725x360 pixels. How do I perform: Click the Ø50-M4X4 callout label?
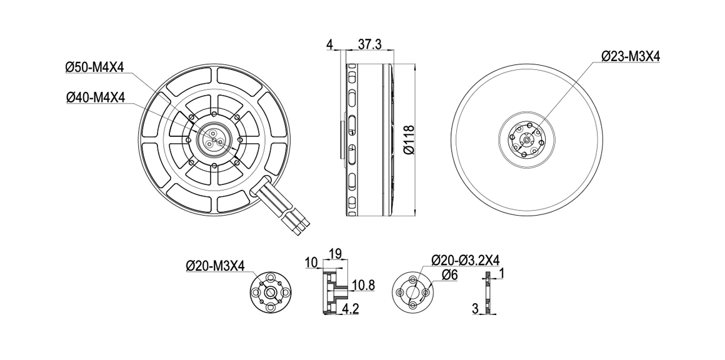(95, 67)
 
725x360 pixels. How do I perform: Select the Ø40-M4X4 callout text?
(95, 97)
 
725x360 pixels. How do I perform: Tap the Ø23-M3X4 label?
(631, 56)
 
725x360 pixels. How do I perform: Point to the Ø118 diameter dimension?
(409, 139)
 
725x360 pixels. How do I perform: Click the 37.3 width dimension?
(369, 44)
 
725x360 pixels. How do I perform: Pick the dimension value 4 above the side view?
(329, 44)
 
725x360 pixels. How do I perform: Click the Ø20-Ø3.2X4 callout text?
(465, 260)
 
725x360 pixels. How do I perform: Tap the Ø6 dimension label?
(449, 275)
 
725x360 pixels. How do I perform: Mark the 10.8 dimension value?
(363, 286)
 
